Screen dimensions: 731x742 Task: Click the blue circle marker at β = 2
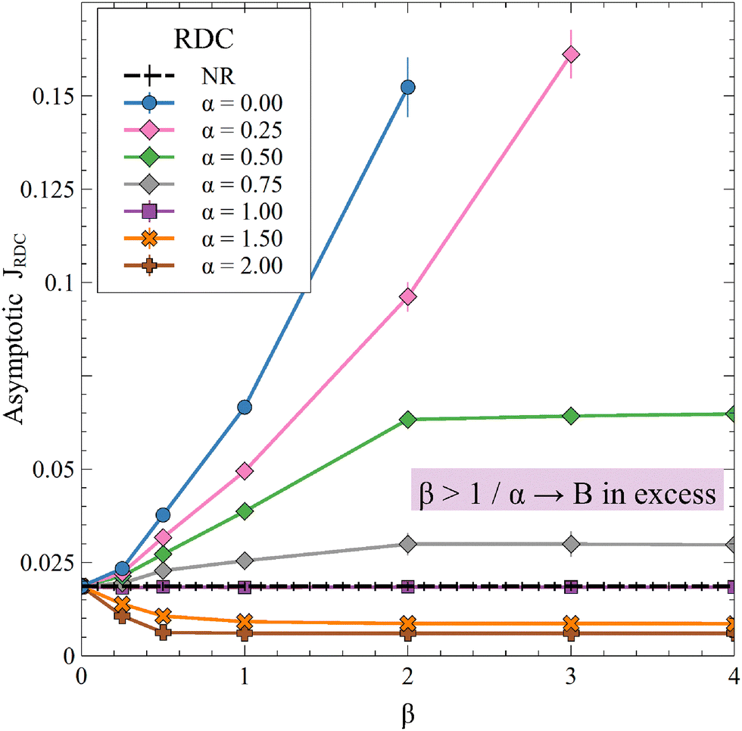pos(408,88)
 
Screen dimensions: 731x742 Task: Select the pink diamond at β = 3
pos(571,55)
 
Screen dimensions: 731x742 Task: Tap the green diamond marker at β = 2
pos(408,420)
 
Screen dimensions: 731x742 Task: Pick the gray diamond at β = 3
pos(571,544)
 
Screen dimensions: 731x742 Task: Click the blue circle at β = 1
pos(245,408)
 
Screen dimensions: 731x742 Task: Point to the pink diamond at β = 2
pos(408,296)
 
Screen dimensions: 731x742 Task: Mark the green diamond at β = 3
pos(571,416)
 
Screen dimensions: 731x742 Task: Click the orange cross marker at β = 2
pos(408,623)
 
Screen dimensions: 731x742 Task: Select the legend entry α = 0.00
pos(242,102)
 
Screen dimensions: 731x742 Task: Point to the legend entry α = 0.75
pos(242,184)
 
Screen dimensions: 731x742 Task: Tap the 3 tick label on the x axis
pos(571,676)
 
